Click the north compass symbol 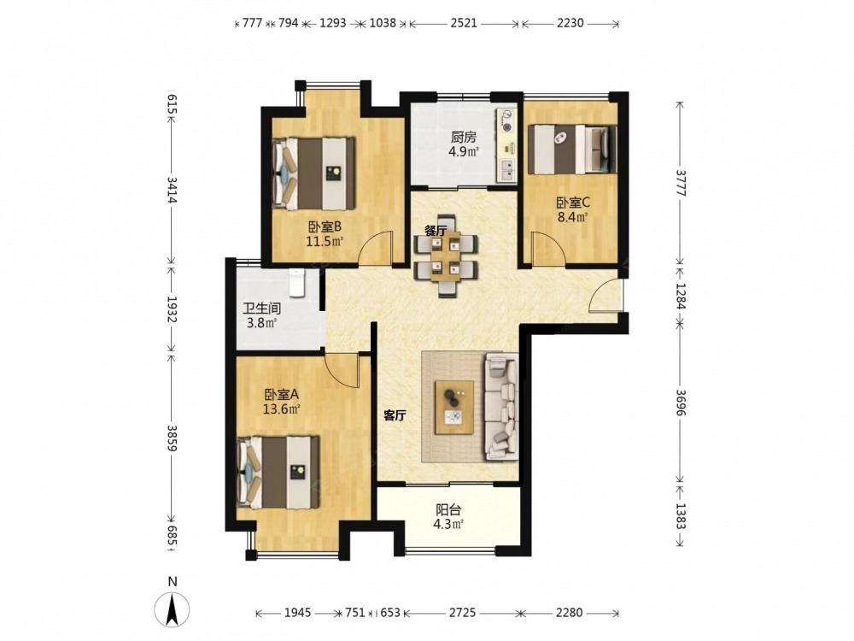[173, 608]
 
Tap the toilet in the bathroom [297, 282]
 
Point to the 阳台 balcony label [448, 510]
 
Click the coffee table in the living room [453, 407]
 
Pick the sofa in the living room [500, 405]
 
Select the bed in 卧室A [278, 472]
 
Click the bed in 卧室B [313, 173]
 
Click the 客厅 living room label [395, 416]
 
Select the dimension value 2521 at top [464, 23]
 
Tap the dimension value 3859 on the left [173, 438]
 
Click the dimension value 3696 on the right [681, 403]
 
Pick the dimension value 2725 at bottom [462, 613]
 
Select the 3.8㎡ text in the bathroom [262, 323]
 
